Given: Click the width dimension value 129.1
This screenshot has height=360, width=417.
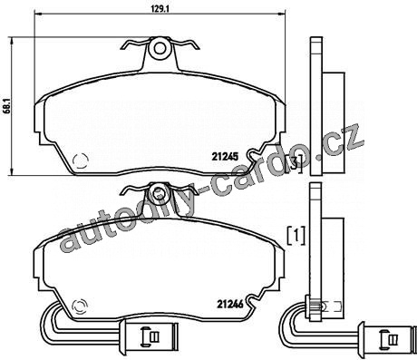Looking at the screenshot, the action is (160, 9).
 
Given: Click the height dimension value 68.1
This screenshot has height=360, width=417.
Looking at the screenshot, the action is (7, 105).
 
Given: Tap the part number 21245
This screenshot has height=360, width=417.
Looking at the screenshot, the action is (225, 157).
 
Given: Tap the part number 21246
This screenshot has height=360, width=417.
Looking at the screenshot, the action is (230, 304).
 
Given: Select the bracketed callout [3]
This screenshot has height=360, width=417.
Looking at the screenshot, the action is (294, 164).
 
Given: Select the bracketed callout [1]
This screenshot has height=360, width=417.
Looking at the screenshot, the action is (296, 235).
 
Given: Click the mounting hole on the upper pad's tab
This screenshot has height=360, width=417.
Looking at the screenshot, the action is (160, 48).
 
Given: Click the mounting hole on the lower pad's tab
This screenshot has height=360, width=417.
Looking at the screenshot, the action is (158, 192).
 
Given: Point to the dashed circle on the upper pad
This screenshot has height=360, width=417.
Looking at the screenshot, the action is (81, 161).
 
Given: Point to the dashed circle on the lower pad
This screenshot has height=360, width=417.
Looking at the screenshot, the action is (80, 307).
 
